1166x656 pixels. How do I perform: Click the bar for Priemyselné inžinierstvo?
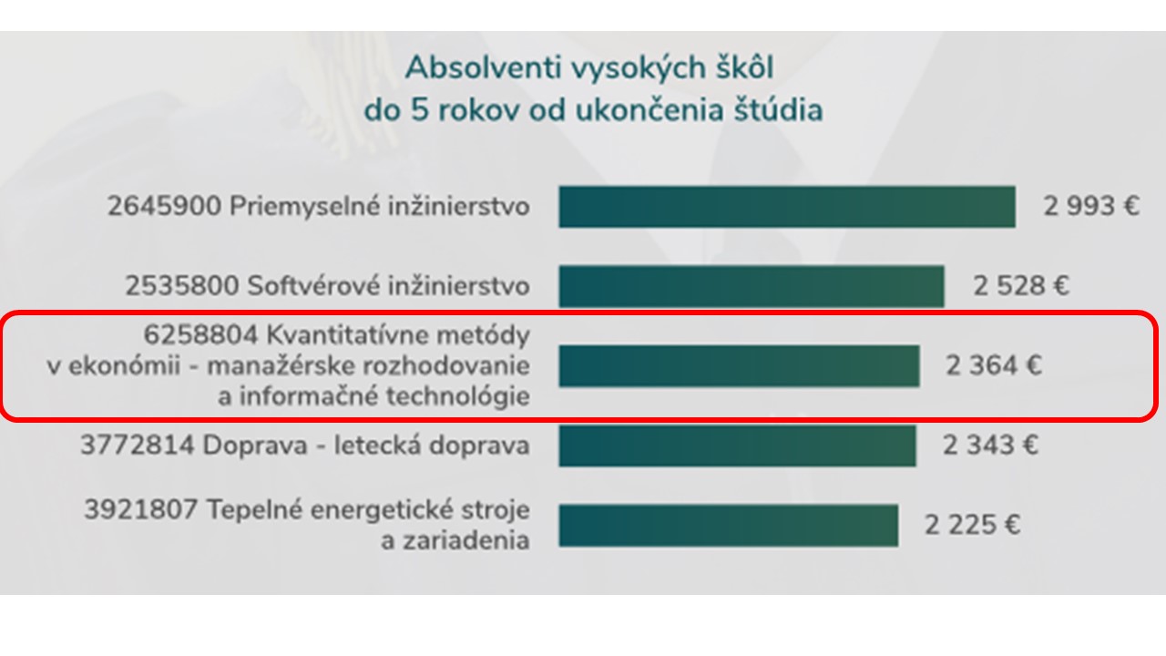pyautogui.click(x=787, y=207)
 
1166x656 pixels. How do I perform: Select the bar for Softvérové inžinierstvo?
pyautogui.click(x=752, y=286)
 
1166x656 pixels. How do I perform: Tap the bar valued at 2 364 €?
pyautogui.click(x=739, y=365)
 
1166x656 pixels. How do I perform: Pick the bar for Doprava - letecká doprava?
pyautogui.click(x=738, y=446)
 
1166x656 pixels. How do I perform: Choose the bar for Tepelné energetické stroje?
pyautogui.click(x=729, y=525)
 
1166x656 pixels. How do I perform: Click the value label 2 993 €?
pyautogui.click(x=1091, y=206)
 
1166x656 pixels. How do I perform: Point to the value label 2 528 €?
pyautogui.click(x=1021, y=286)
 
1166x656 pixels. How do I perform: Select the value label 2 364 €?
pyautogui.click(x=994, y=365)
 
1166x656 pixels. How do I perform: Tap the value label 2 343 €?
pyautogui.click(x=990, y=446)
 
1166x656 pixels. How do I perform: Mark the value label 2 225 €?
pyautogui.click(x=972, y=525)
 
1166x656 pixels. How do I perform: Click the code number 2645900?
pyautogui.click(x=165, y=206)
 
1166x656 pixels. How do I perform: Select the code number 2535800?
pyautogui.click(x=181, y=286)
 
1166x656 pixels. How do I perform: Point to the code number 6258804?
pyautogui.click(x=200, y=334)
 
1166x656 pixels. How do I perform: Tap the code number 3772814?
pyautogui.click(x=138, y=446)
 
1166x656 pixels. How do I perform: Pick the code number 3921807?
pyautogui.click(x=141, y=509)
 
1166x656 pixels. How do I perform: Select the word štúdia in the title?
pyautogui.click(x=778, y=110)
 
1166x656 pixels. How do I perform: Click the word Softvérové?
pyautogui.click(x=312, y=286)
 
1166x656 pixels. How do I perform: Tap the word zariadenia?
pyautogui.click(x=455, y=540)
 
